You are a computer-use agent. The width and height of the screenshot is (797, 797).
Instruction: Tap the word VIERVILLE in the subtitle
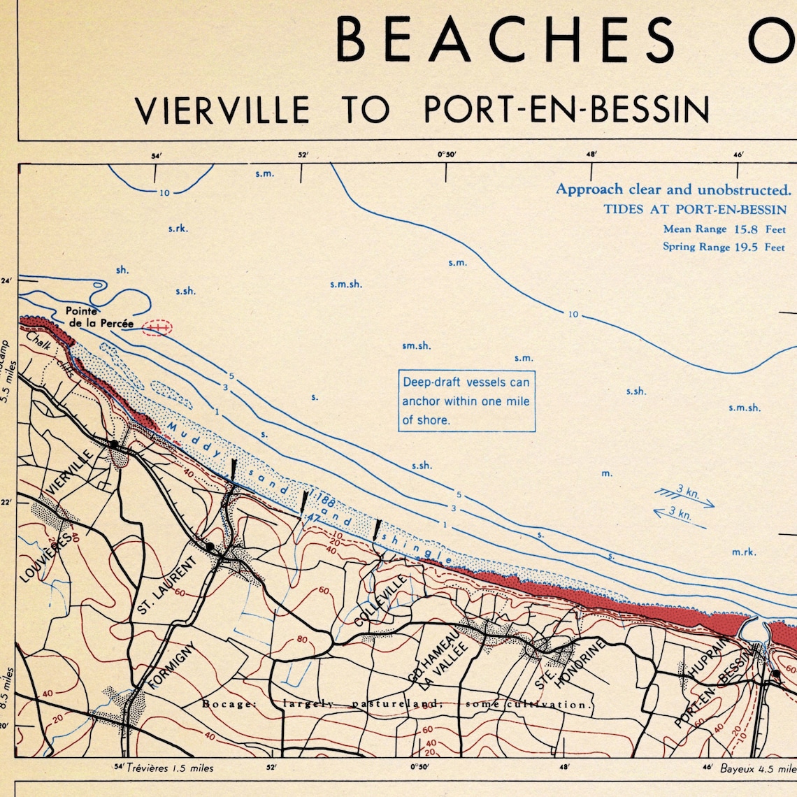coord(222,110)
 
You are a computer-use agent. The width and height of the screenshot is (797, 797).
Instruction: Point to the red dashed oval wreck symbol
coord(157,327)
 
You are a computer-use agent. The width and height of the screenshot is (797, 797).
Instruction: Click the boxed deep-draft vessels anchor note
coord(466,401)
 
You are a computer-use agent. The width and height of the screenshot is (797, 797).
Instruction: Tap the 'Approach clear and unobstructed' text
coord(673,189)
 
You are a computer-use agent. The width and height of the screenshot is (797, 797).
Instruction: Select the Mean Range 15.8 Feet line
coord(724,229)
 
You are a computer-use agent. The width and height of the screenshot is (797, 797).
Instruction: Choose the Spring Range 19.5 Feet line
coord(724,247)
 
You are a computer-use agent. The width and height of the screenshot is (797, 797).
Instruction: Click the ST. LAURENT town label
coord(168,586)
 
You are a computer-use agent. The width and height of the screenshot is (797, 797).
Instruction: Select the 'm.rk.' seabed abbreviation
coord(744,552)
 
